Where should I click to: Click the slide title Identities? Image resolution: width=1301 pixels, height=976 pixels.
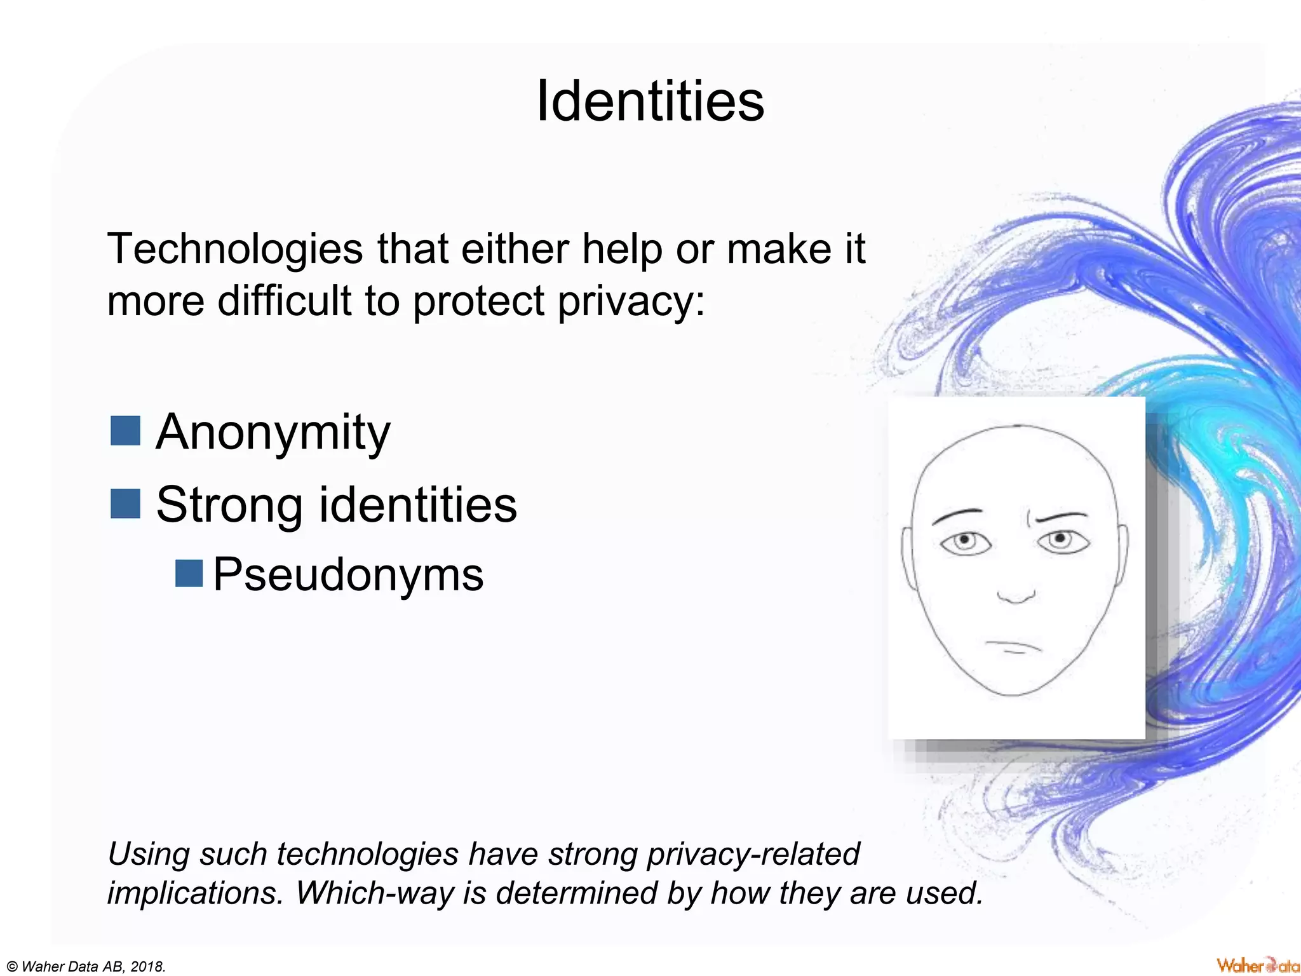point(650,101)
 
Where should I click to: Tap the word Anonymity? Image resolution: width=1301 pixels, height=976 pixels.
point(273,433)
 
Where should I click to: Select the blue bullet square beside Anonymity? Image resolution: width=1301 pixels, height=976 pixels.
point(125,431)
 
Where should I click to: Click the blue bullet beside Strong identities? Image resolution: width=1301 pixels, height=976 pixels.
point(125,503)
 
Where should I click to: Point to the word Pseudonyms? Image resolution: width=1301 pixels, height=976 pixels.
point(348,574)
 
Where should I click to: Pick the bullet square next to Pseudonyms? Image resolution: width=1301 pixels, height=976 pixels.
point(189,573)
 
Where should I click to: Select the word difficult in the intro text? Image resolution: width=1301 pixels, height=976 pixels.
point(285,301)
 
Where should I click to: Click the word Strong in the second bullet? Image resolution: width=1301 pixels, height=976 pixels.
point(229,505)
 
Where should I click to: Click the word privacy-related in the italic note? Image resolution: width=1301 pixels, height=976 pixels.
point(753,854)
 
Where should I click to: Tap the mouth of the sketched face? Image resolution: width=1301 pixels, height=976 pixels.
point(1013,646)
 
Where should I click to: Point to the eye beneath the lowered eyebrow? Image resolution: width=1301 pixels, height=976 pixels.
point(965,543)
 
